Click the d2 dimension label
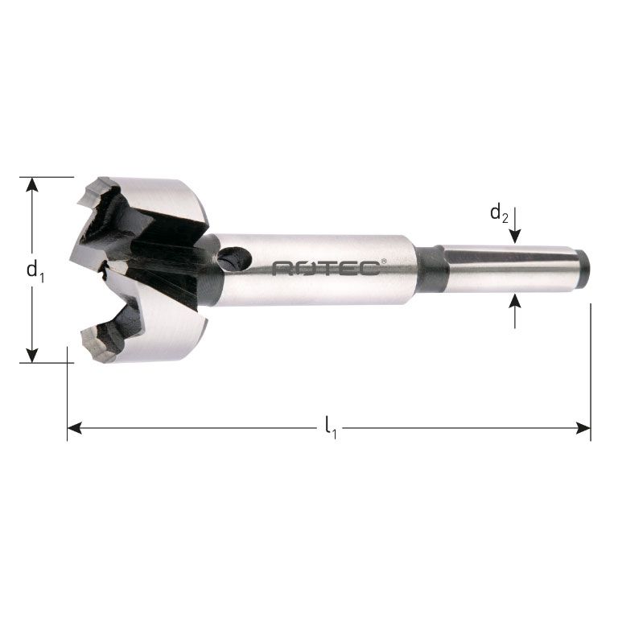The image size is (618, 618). click(x=499, y=213)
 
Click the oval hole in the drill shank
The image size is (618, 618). click(x=235, y=259)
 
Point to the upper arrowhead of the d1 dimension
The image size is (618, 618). click(x=32, y=184)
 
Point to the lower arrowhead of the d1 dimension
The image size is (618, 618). click(x=32, y=354)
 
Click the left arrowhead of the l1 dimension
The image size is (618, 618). click(x=75, y=428)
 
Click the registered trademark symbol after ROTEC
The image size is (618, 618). click(x=383, y=261)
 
